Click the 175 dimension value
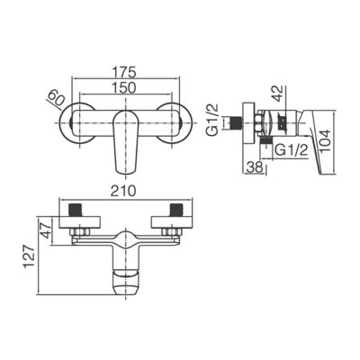(x=124, y=72)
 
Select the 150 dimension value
(x=124, y=87)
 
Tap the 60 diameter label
(x=56, y=98)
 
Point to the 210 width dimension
(x=123, y=192)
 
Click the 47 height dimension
(x=47, y=230)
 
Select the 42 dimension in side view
(x=278, y=94)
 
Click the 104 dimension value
(x=325, y=141)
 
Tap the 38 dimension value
(x=255, y=167)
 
